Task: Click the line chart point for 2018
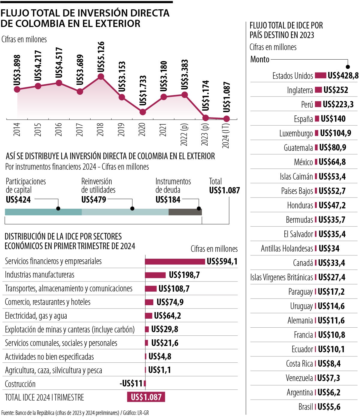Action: click(101, 77)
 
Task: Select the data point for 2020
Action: click(142, 112)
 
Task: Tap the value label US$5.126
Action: click(101, 57)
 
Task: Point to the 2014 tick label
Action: click(17, 129)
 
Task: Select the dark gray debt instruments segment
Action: click(185, 212)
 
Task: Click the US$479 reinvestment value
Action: click(94, 200)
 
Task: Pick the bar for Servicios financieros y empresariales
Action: click(175, 261)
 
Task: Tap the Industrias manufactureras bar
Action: click(155, 275)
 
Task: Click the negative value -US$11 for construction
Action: click(131, 383)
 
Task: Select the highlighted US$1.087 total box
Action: click(146, 397)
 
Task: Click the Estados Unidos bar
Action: click(320, 76)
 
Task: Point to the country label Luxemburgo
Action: click(296, 133)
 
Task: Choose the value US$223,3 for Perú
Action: click(338, 104)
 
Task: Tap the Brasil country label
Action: click(305, 407)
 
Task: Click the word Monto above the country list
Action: click(260, 59)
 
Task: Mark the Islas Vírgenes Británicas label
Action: click(281, 277)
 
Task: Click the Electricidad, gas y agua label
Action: click(36, 316)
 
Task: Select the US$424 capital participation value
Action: click(18, 200)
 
